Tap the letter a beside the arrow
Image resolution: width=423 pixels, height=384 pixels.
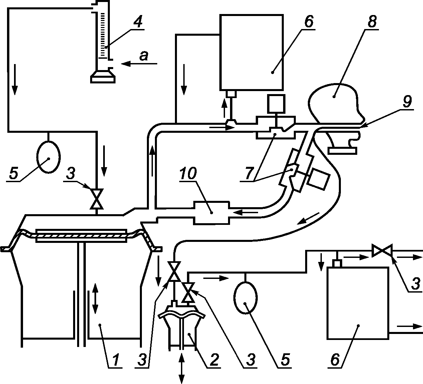144,56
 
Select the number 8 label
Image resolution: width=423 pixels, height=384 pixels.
372,21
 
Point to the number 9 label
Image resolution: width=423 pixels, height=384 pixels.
407,101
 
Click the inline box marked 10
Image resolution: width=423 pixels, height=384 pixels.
212,213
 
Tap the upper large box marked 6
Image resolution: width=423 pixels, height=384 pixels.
251,52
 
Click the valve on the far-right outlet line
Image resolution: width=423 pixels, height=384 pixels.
382,251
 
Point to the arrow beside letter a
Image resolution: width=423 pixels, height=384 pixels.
139,63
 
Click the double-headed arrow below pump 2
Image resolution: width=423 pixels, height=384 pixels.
181,369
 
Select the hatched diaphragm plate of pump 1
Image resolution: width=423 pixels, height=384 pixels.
81,236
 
